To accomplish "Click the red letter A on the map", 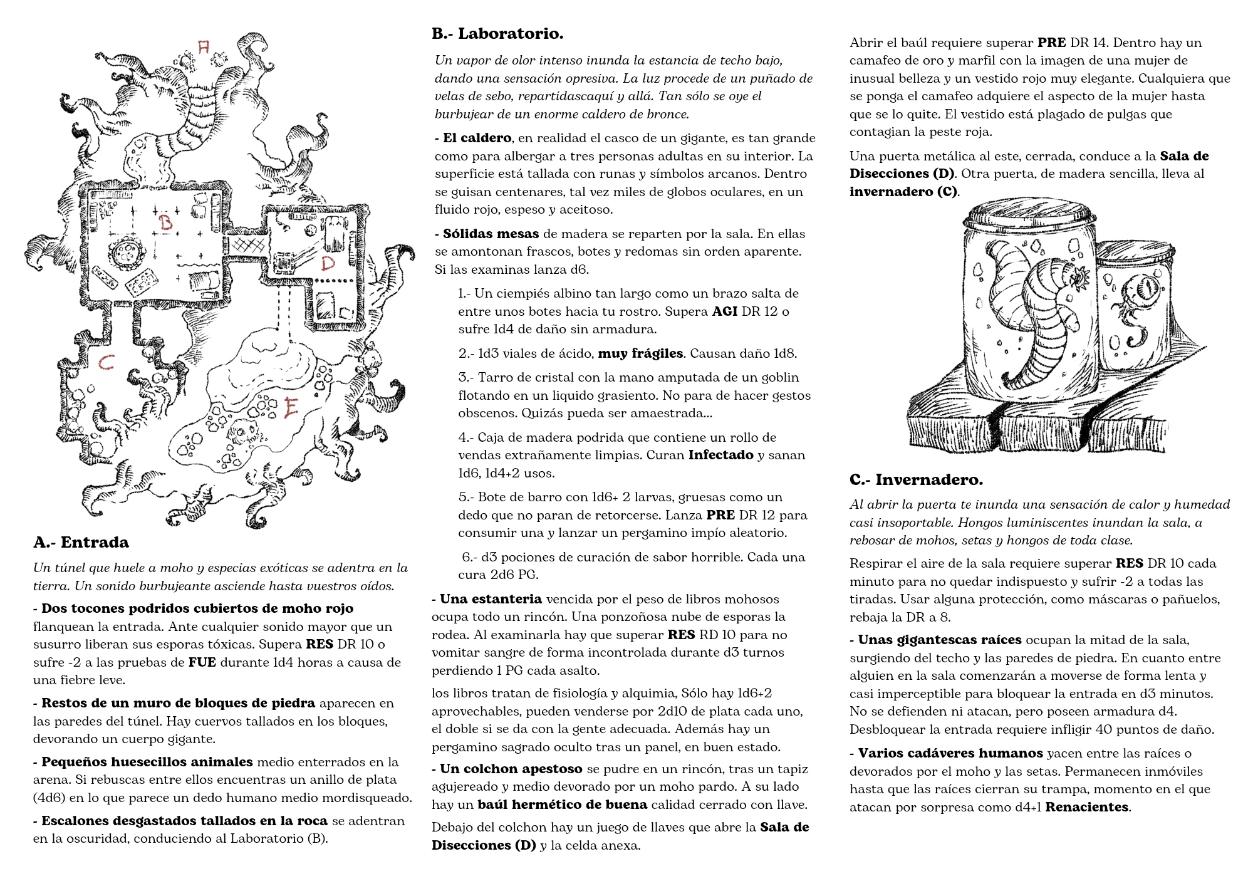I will [203, 48].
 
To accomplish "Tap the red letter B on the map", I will [166, 222].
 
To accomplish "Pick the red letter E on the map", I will [291, 408].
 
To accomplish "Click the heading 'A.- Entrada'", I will [81, 543].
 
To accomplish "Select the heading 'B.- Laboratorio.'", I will [497, 34].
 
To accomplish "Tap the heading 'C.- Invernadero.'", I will [916, 480].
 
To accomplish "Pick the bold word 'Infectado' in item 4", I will [720, 455].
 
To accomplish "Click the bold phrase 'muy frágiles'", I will [640, 353].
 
